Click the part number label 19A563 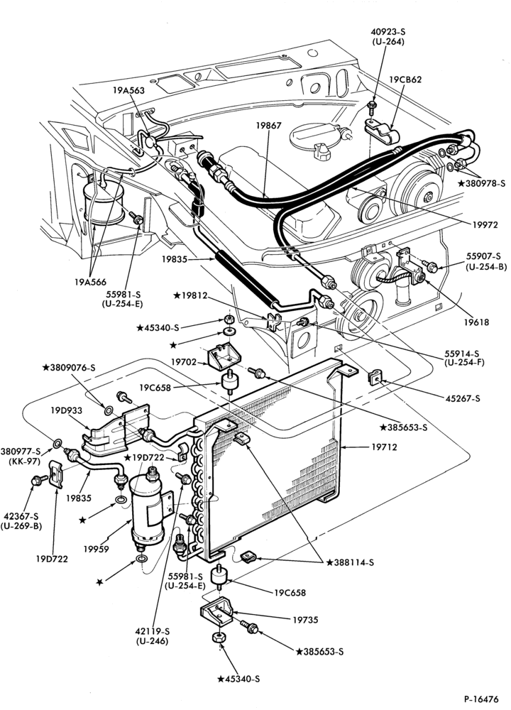click(128, 91)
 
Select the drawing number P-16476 click(480, 698)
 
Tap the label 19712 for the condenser click(384, 447)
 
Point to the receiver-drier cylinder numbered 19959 click(147, 506)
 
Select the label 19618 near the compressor click(476, 322)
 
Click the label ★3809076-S click(69, 368)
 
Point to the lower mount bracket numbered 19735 click(216, 612)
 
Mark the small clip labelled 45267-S click(375, 377)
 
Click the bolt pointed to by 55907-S click(429, 267)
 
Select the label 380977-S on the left click(21, 452)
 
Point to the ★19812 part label click(190, 296)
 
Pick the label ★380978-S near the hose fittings click(481, 183)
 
